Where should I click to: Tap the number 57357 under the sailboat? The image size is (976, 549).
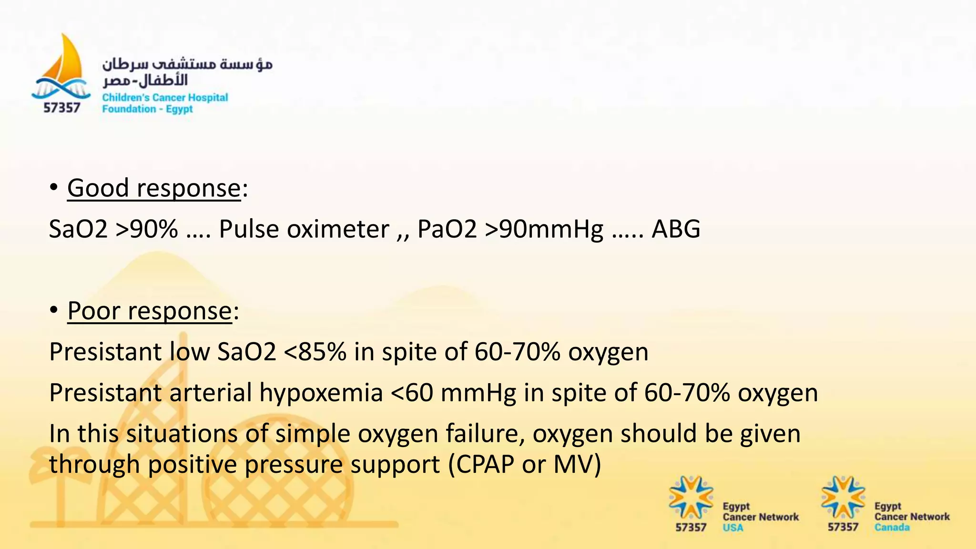(x=61, y=108)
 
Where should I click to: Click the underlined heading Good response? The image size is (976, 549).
(x=154, y=188)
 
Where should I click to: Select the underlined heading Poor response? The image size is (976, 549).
(x=150, y=311)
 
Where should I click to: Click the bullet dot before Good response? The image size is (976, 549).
(x=54, y=187)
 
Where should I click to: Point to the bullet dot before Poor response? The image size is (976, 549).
(x=54, y=310)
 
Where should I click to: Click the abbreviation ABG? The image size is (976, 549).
(x=676, y=229)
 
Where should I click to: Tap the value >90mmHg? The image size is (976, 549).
(x=544, y=229)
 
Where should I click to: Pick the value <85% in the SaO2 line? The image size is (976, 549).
(x=315, y=352)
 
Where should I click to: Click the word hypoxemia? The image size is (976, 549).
(x=321, y=393)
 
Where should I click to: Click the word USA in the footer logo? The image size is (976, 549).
(x=732, y=528)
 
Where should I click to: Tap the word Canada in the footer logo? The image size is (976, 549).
(x=892, y=528)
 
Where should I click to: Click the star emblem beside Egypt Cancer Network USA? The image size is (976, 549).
(x=691, y=498)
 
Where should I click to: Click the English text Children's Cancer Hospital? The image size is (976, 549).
(x=165, y=98)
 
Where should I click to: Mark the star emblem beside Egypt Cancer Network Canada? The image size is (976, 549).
(x=843, y=498)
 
